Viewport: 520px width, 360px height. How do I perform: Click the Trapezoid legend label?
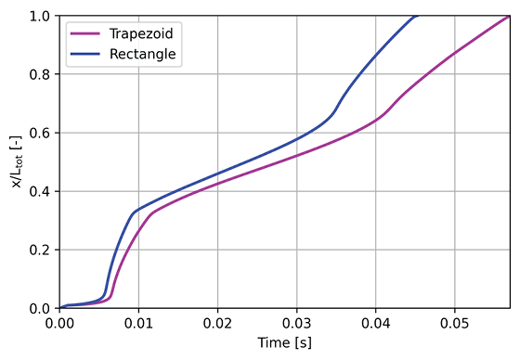(141, 33)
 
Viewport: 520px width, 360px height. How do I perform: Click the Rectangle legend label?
(142, 54)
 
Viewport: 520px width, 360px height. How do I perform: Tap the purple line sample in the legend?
(88, 33)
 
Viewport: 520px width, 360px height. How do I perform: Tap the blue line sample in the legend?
(88, 54)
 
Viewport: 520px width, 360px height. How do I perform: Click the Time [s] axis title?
(284, 344)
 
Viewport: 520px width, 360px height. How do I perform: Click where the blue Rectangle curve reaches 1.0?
(417, 17)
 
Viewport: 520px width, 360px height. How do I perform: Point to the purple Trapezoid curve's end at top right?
(509, 17)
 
